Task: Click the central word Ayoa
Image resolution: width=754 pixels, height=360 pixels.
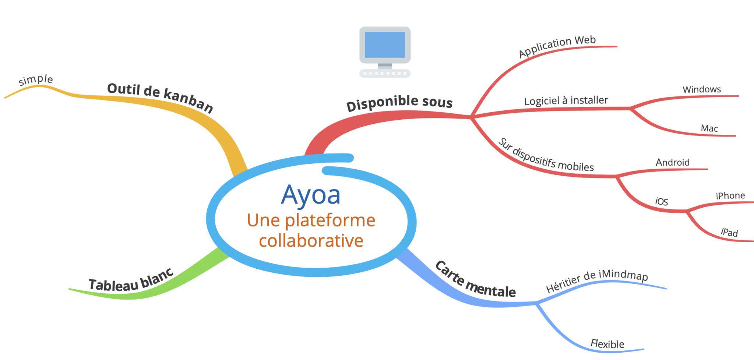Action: point(310,195)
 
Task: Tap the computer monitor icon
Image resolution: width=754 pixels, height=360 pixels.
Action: point(385,52)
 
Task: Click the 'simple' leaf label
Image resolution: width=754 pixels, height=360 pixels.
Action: point(36,80)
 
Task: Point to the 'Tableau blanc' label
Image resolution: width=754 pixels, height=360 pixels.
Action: point(131,281)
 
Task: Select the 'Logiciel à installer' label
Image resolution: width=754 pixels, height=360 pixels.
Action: point(566,100)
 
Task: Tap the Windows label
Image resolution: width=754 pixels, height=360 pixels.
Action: point(702,89)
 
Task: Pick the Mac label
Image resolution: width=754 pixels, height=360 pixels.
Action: point(709,128)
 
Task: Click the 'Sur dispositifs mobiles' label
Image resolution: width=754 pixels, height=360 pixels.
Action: point(546,155)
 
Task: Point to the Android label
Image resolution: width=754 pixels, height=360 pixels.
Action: point(673,162)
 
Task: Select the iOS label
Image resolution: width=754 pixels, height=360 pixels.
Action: point(662,201)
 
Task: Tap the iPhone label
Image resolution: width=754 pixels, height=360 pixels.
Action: point(730,195)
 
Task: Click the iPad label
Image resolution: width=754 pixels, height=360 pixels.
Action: point(729,232)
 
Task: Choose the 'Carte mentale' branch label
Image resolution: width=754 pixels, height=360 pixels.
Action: point(475,281)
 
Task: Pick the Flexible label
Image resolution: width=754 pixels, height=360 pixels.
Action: point(607,344)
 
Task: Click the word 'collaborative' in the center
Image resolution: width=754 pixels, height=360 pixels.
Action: point(311,241)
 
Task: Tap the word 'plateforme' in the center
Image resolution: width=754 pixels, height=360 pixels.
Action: point(330,220)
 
